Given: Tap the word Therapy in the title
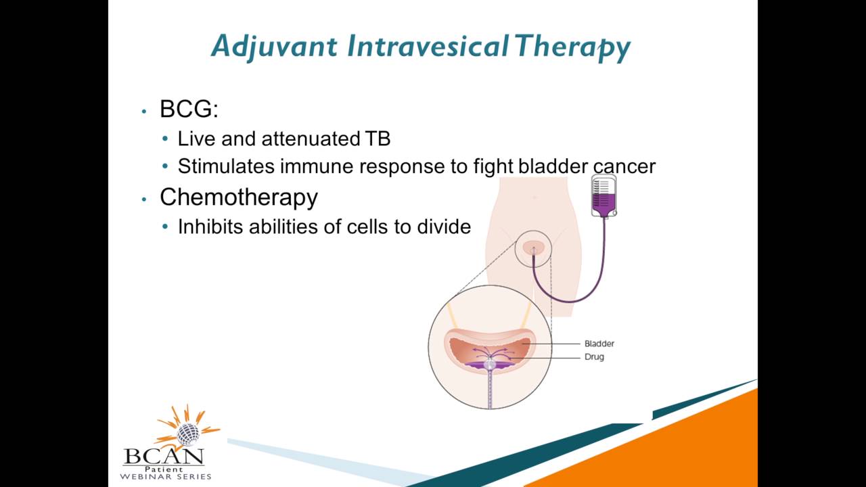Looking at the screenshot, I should point(572,47).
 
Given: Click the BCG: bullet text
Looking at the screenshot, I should point(189,109).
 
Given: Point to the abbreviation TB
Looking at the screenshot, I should point(378,139).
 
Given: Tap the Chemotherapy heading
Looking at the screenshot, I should point(238,197).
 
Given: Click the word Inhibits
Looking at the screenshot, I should point(210,227).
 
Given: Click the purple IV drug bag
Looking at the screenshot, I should point(603,197).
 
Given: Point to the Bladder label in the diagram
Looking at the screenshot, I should point(599,344).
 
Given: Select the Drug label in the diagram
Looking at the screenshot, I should point(594,356).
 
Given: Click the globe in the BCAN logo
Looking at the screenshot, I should point(188,434).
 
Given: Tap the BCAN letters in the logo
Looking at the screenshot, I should point(164,456).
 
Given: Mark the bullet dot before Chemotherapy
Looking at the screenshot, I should point(144,199).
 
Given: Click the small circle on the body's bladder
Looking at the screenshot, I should point(533,249).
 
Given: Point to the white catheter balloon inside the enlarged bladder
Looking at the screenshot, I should point(490,364).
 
